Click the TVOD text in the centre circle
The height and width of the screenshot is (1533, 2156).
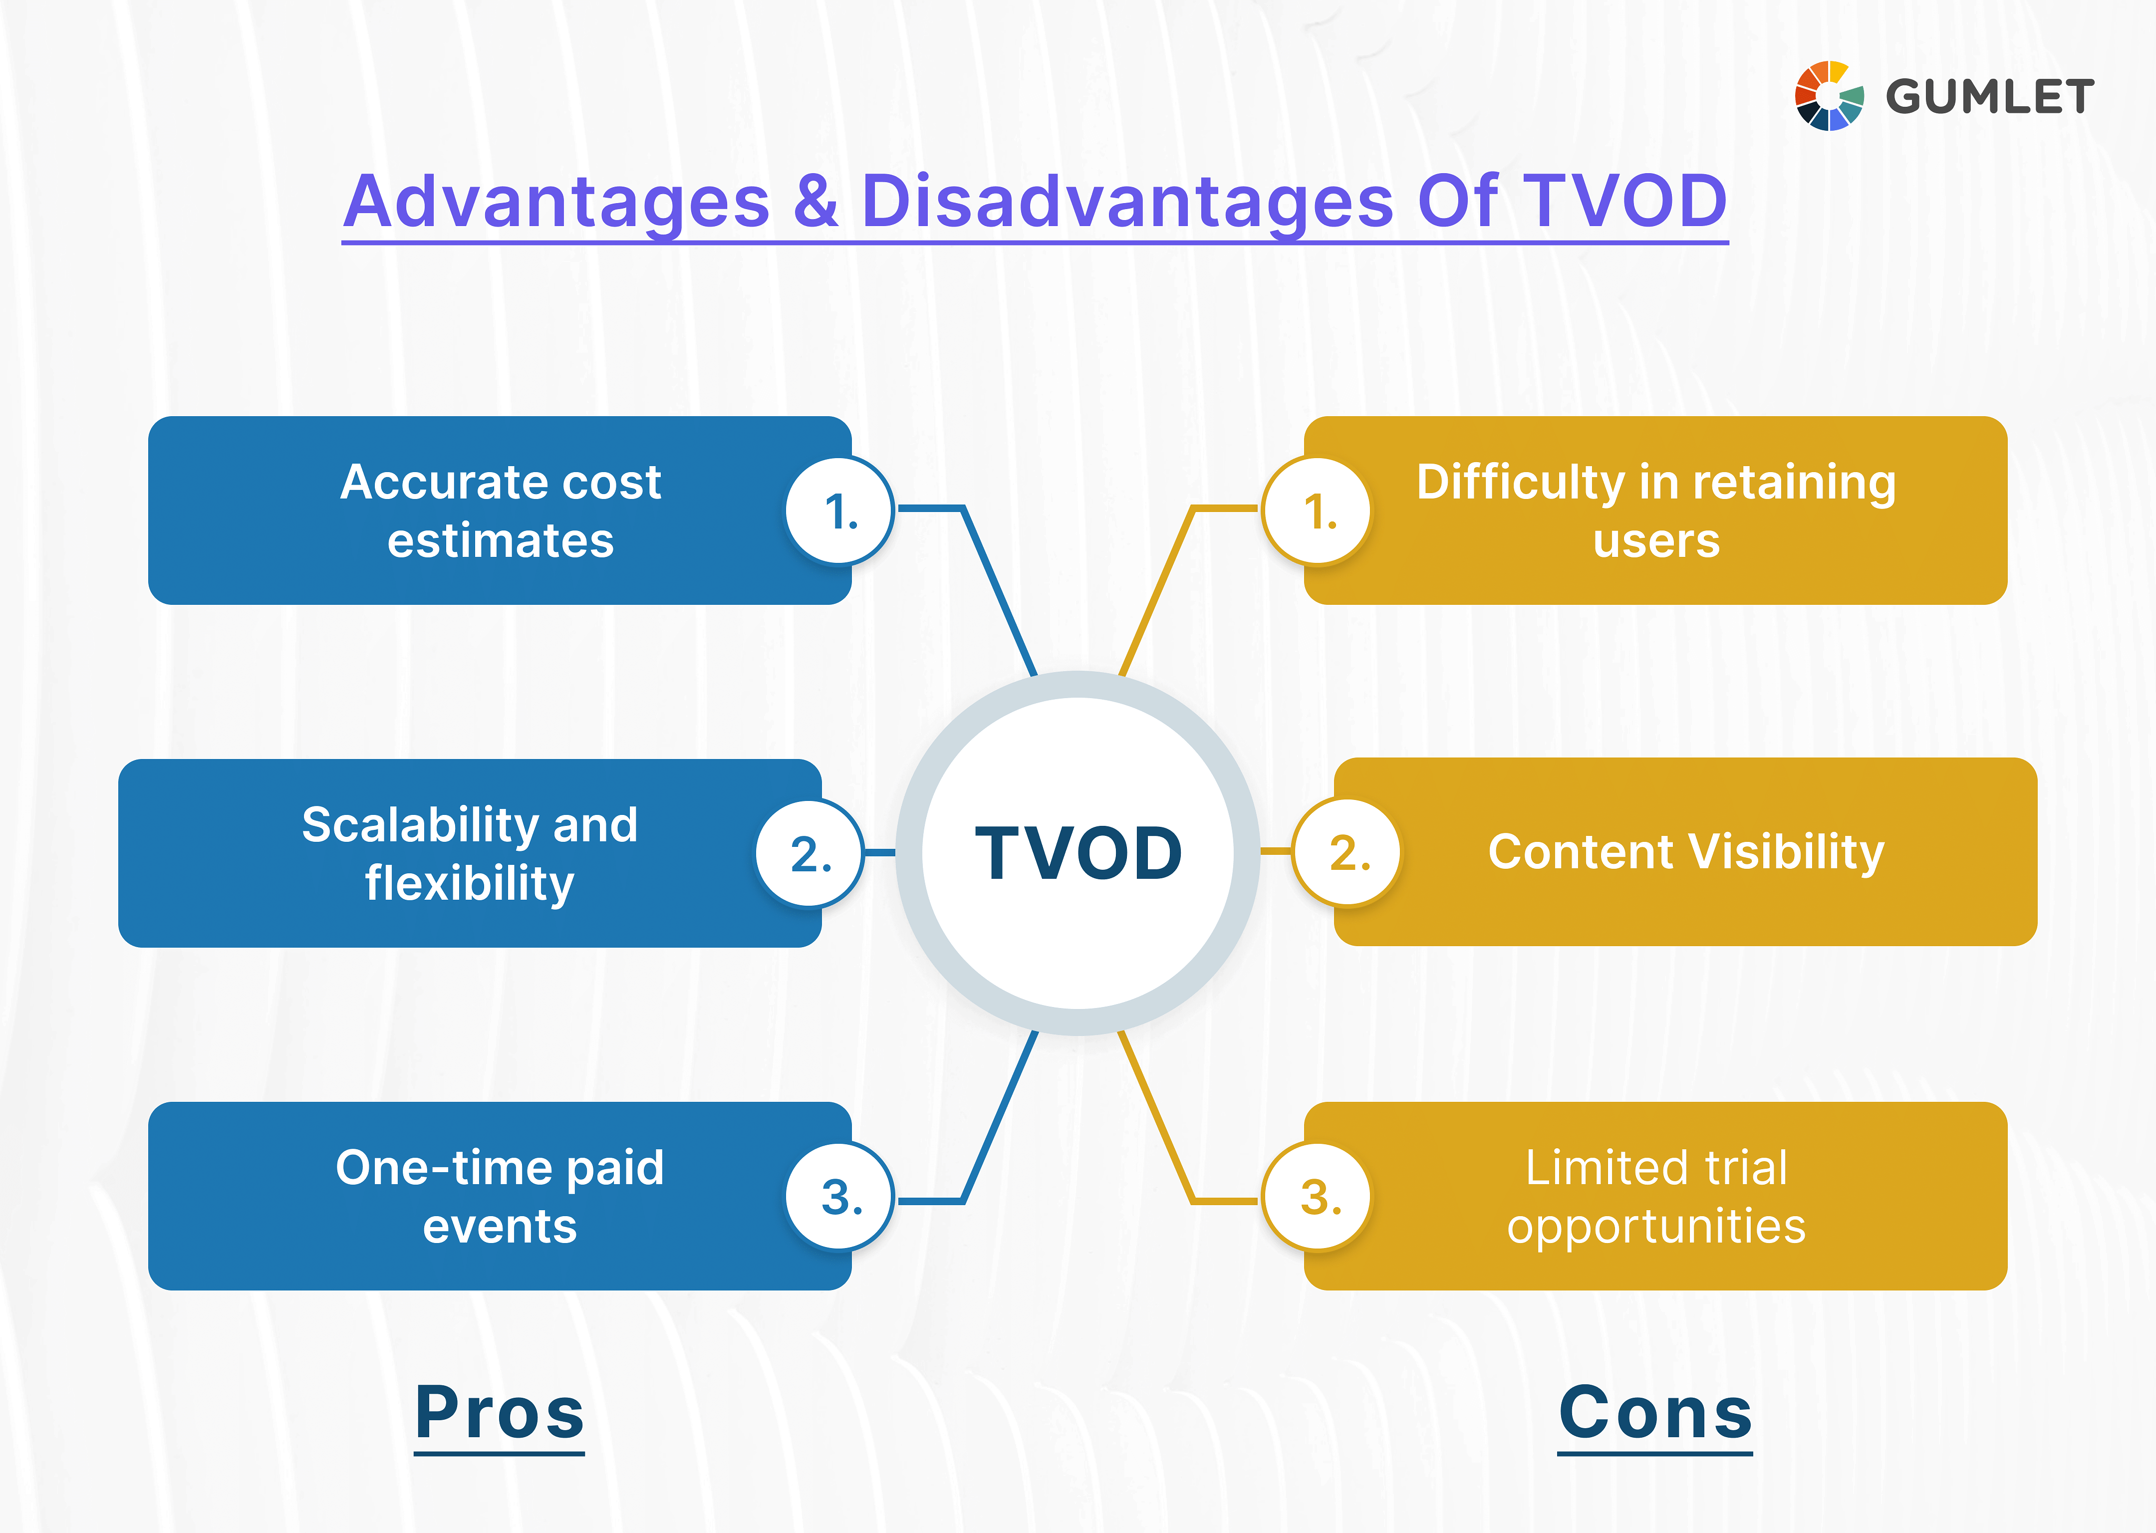pyautogui.click(x=1078, y=853)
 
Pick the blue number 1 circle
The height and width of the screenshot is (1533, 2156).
pyautogui.click(x=839, y=511)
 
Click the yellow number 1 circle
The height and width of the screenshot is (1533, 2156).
pyautogui.click(x=1318, y=511)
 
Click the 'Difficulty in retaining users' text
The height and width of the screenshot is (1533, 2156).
pyautogui.click(x=1656, y=511)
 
